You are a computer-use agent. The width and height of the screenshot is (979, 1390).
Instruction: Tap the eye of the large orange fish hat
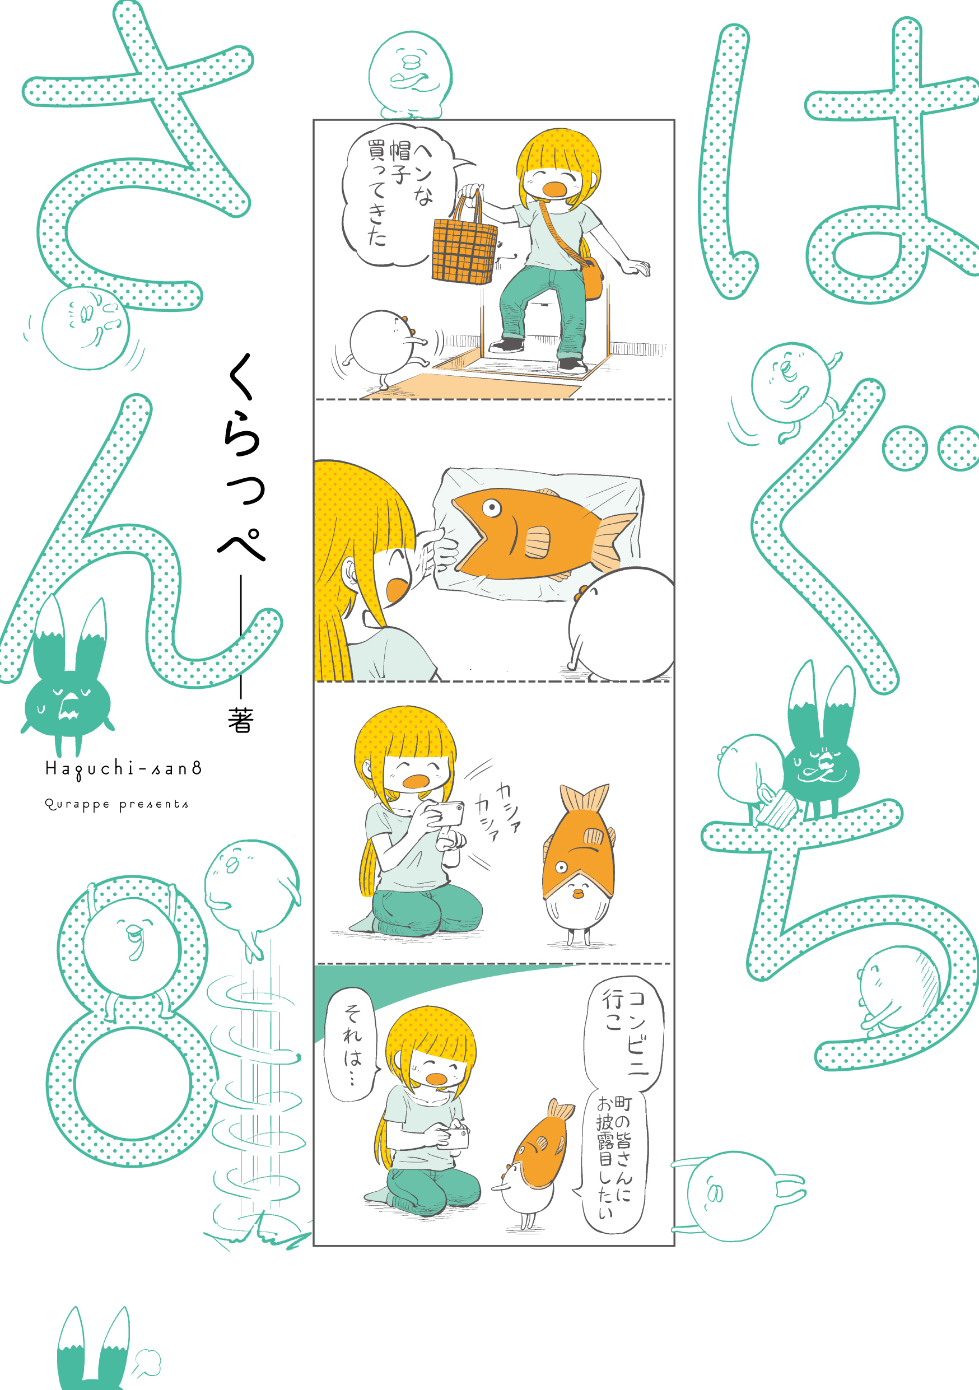click(491, 507)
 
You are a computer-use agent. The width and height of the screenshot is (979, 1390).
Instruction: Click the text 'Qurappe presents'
click(116, 805)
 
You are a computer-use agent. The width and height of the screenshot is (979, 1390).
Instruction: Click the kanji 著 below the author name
click(241, 720)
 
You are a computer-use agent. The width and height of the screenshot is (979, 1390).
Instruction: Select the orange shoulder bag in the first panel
click(591, 278)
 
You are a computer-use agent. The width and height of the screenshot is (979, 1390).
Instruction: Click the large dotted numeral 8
click(133, 1023)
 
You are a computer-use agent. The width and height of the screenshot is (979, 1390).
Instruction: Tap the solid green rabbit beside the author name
click(68, 684)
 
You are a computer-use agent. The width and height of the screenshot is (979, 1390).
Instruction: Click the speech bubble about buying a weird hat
click(397, 194)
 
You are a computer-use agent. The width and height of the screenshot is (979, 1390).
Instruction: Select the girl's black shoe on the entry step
click(506, 345)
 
